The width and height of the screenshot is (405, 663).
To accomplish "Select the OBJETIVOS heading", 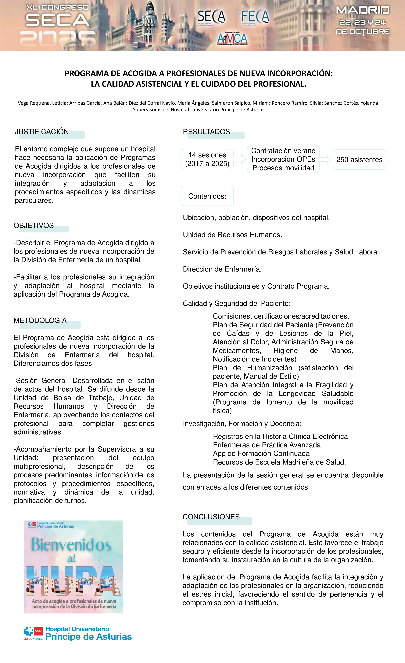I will (34, 225).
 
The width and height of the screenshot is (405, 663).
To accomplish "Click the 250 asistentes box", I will (359, 160).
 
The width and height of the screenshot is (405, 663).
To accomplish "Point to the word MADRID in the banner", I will (363, 10).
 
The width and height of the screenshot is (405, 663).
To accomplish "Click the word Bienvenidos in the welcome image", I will (71, 545).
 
